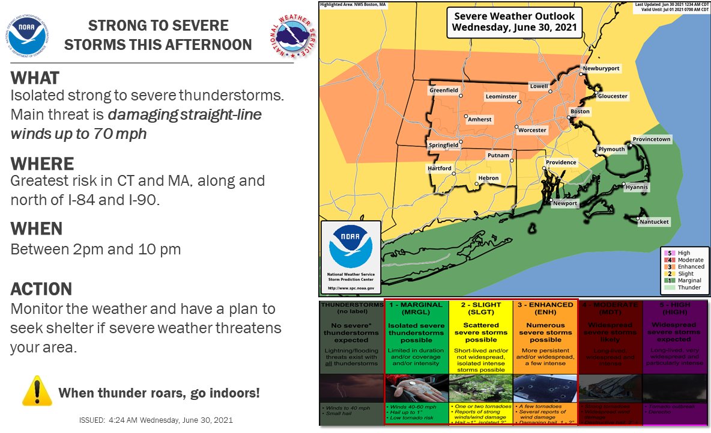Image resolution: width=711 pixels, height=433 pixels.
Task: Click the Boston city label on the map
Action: [580, 111]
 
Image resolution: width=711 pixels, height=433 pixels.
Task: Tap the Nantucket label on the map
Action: [653, 222]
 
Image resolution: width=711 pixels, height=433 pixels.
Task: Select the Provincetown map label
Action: [652, 140]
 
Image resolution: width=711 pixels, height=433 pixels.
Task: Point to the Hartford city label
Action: [440, 169]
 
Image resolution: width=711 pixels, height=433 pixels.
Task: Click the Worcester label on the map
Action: [532, 130]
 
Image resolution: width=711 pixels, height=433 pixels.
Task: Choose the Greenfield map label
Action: [444, 90]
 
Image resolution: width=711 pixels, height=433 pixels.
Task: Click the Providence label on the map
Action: [561, 162]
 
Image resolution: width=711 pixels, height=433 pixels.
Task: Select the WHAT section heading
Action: [35, 78]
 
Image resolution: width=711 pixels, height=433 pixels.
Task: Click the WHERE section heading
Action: [42, 164]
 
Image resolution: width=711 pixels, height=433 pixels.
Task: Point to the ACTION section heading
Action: [41, 289]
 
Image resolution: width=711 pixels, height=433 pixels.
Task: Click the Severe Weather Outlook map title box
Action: [514, 22]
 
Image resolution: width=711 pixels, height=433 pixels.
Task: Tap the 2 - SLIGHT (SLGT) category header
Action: [480, 309]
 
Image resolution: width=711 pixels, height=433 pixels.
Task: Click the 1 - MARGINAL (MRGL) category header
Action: [416, 309]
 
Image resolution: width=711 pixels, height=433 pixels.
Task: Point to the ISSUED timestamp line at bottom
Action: [156, 420]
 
